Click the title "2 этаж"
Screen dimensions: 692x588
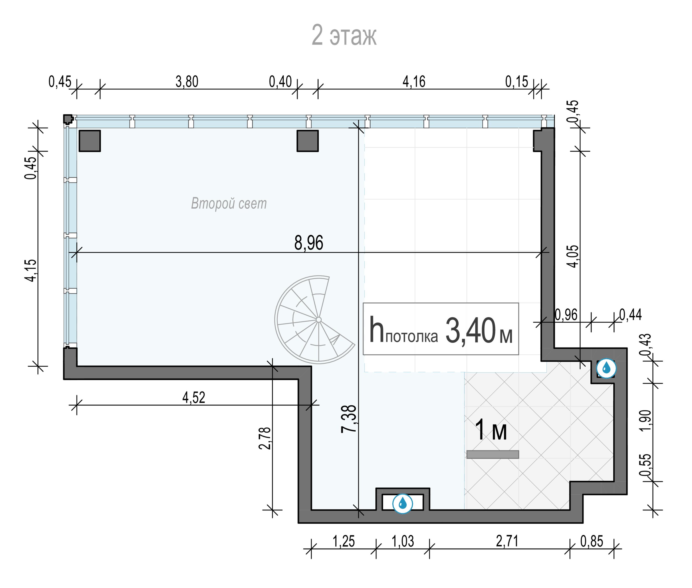coord(344,35)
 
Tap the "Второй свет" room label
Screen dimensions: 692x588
coord(229,203)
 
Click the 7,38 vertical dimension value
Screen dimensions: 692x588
coord(349,419)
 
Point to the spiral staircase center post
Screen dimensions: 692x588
coord(319,320)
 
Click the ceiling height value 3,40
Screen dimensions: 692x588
coord(471,330)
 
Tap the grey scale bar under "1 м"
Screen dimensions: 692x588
coord(493,454)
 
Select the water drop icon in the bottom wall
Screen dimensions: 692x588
coord(402,503)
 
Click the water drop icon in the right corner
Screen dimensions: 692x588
coord(606,368)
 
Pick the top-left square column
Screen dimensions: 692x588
coord(90,141)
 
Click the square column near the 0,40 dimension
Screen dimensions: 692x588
coord(308,141)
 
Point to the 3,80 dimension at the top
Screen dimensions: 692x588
coord(187,82)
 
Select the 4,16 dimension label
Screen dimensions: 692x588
coord(414,82)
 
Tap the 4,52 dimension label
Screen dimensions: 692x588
coord(194,397)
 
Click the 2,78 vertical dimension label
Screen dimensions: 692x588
coord(265,438)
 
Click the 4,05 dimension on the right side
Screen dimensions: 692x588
coord(573,256)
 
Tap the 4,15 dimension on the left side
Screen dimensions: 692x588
coord(31,270)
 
